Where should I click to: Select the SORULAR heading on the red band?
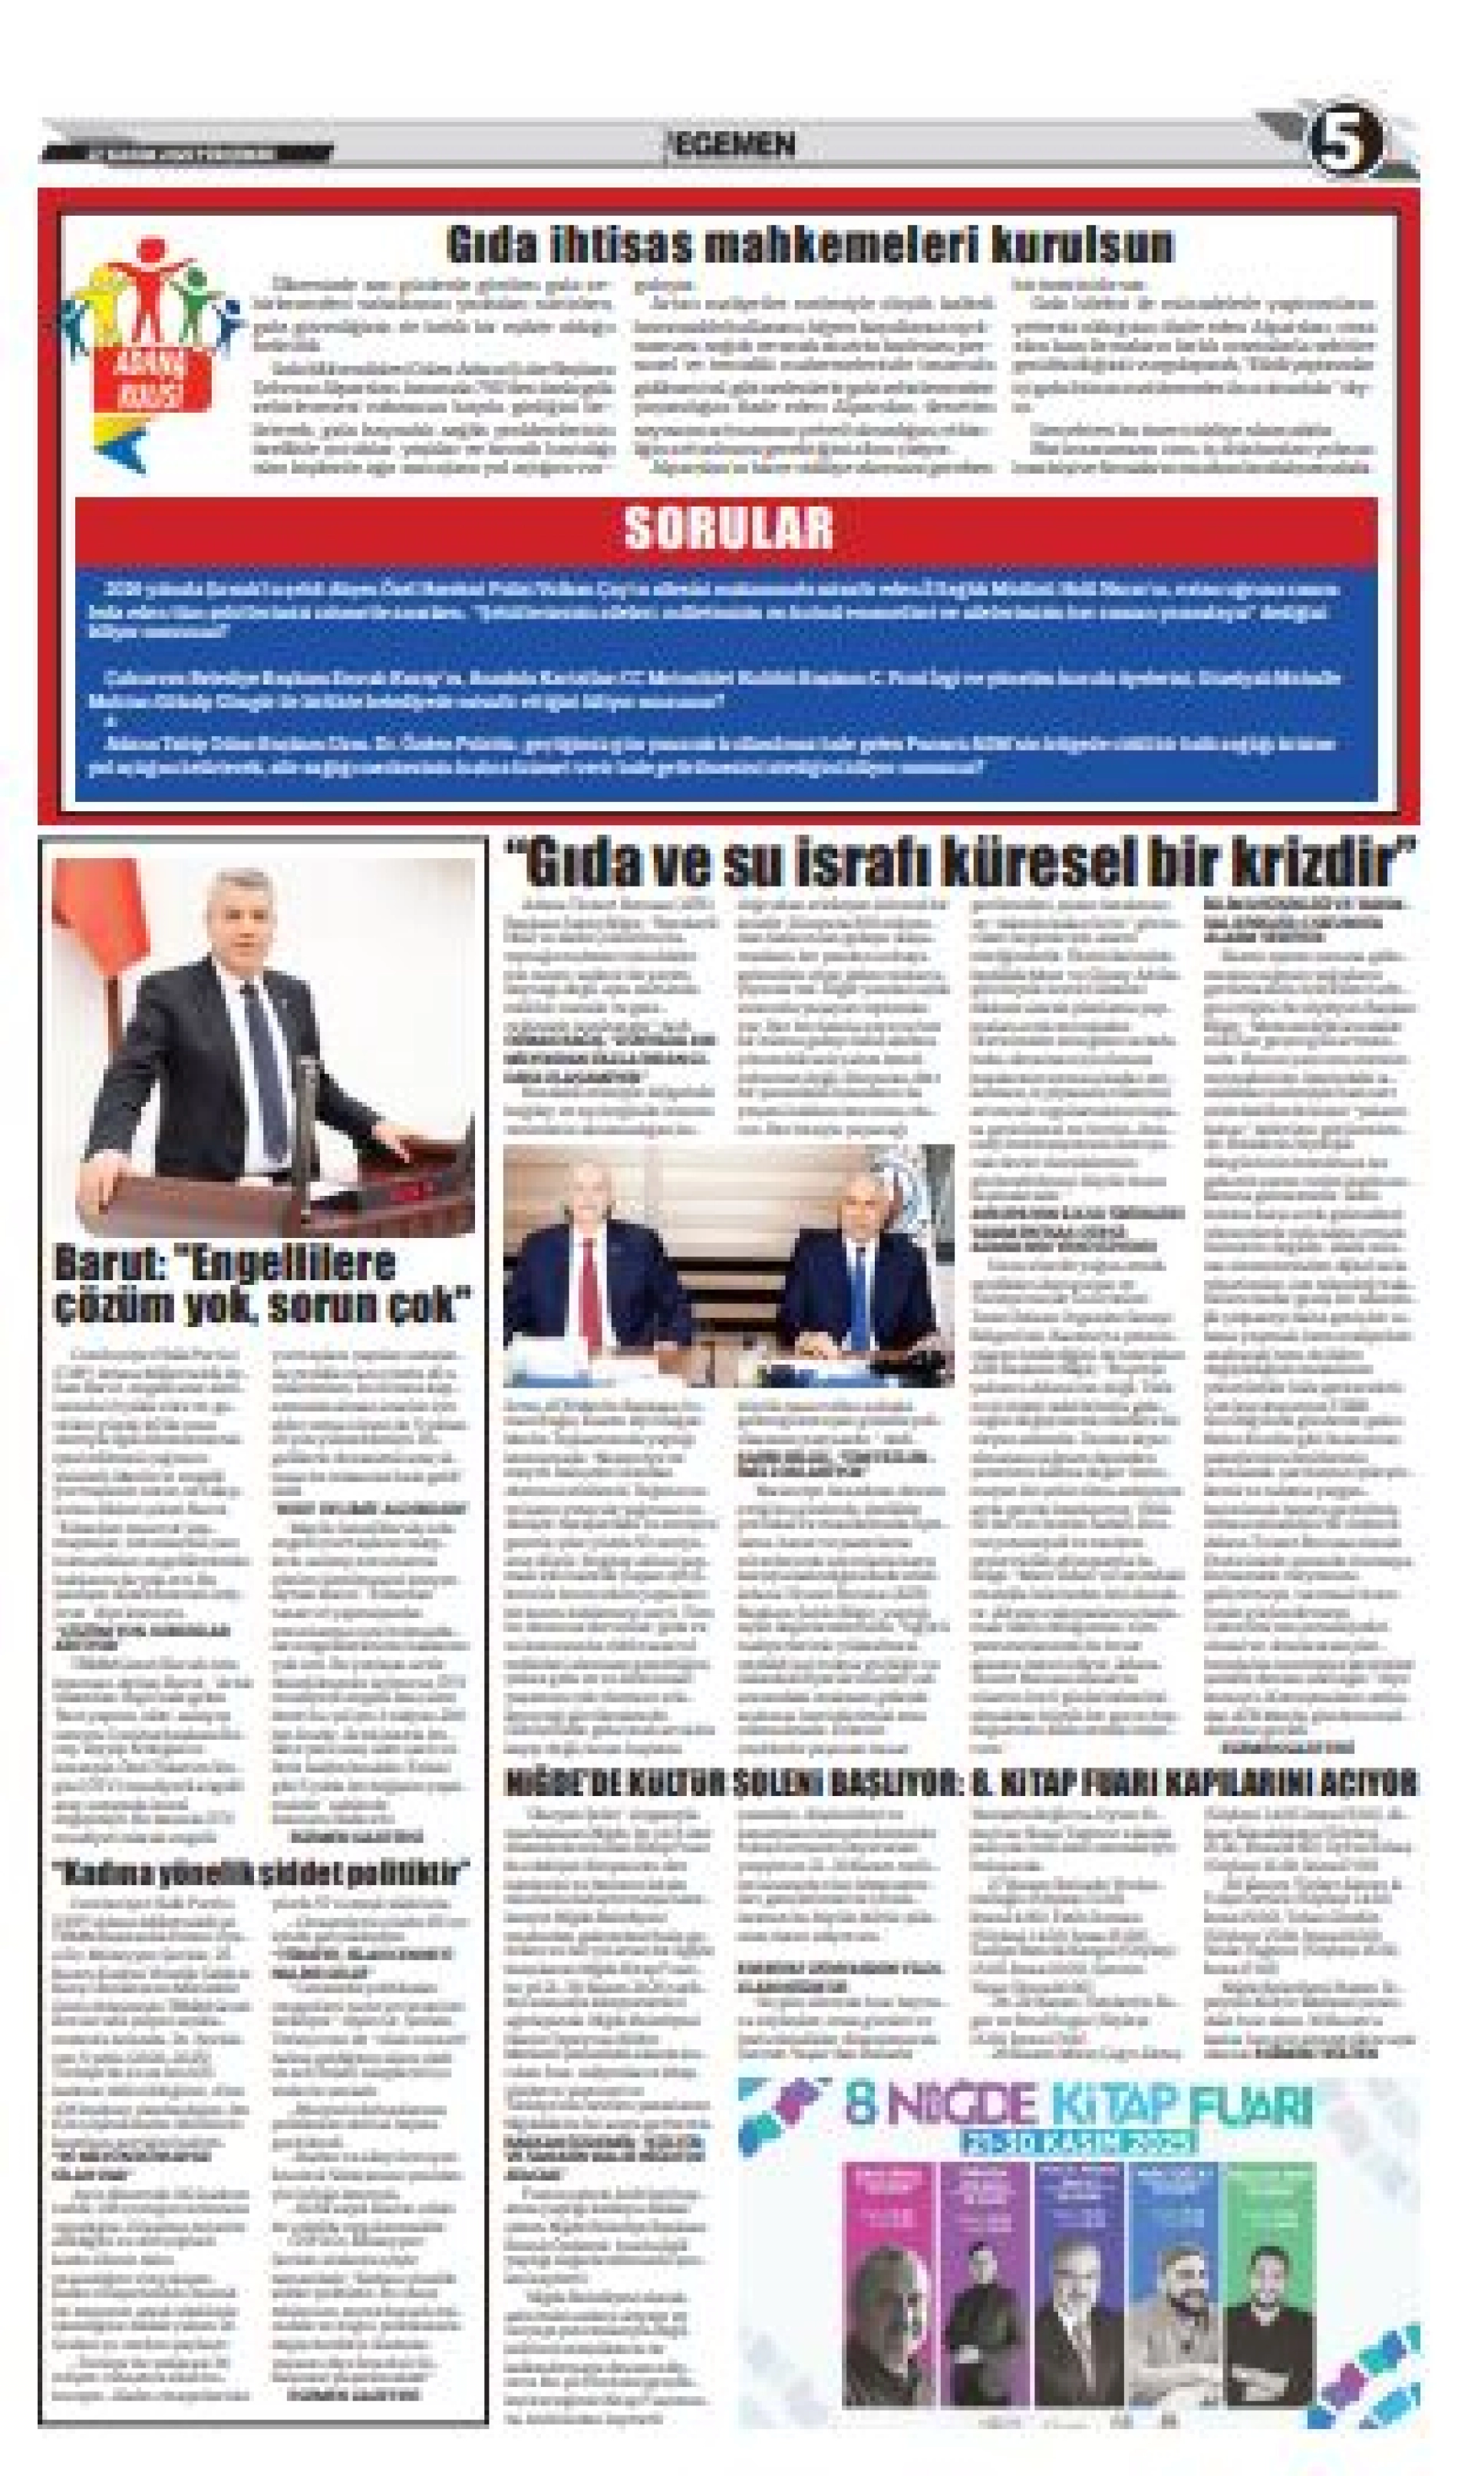tap(728, 527)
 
